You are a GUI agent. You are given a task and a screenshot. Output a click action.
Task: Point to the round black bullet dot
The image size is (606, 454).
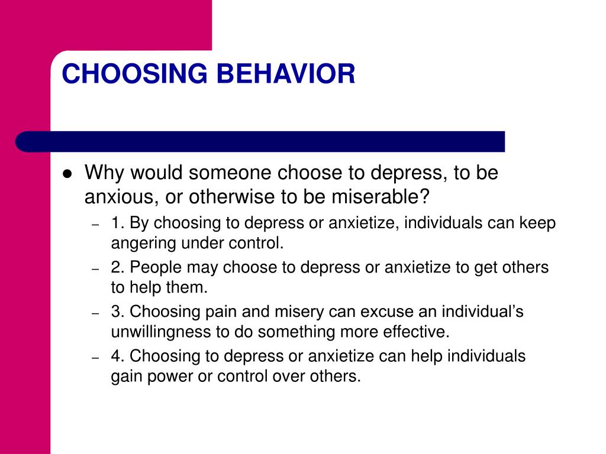point(67,174)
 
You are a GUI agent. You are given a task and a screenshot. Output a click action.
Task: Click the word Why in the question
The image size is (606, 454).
point(104,173)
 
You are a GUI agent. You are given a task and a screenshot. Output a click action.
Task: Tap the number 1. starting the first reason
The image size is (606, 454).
point(117,224)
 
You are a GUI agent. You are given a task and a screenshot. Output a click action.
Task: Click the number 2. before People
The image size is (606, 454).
point(118,267)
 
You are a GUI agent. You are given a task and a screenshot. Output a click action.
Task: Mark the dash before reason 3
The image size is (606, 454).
point(95,312)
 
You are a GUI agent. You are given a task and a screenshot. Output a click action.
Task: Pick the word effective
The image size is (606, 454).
point(420,331)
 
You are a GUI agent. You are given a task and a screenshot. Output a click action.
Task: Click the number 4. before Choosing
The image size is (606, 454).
point(118,356)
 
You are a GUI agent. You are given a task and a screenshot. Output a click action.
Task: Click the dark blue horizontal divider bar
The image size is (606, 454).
point(260,142)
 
